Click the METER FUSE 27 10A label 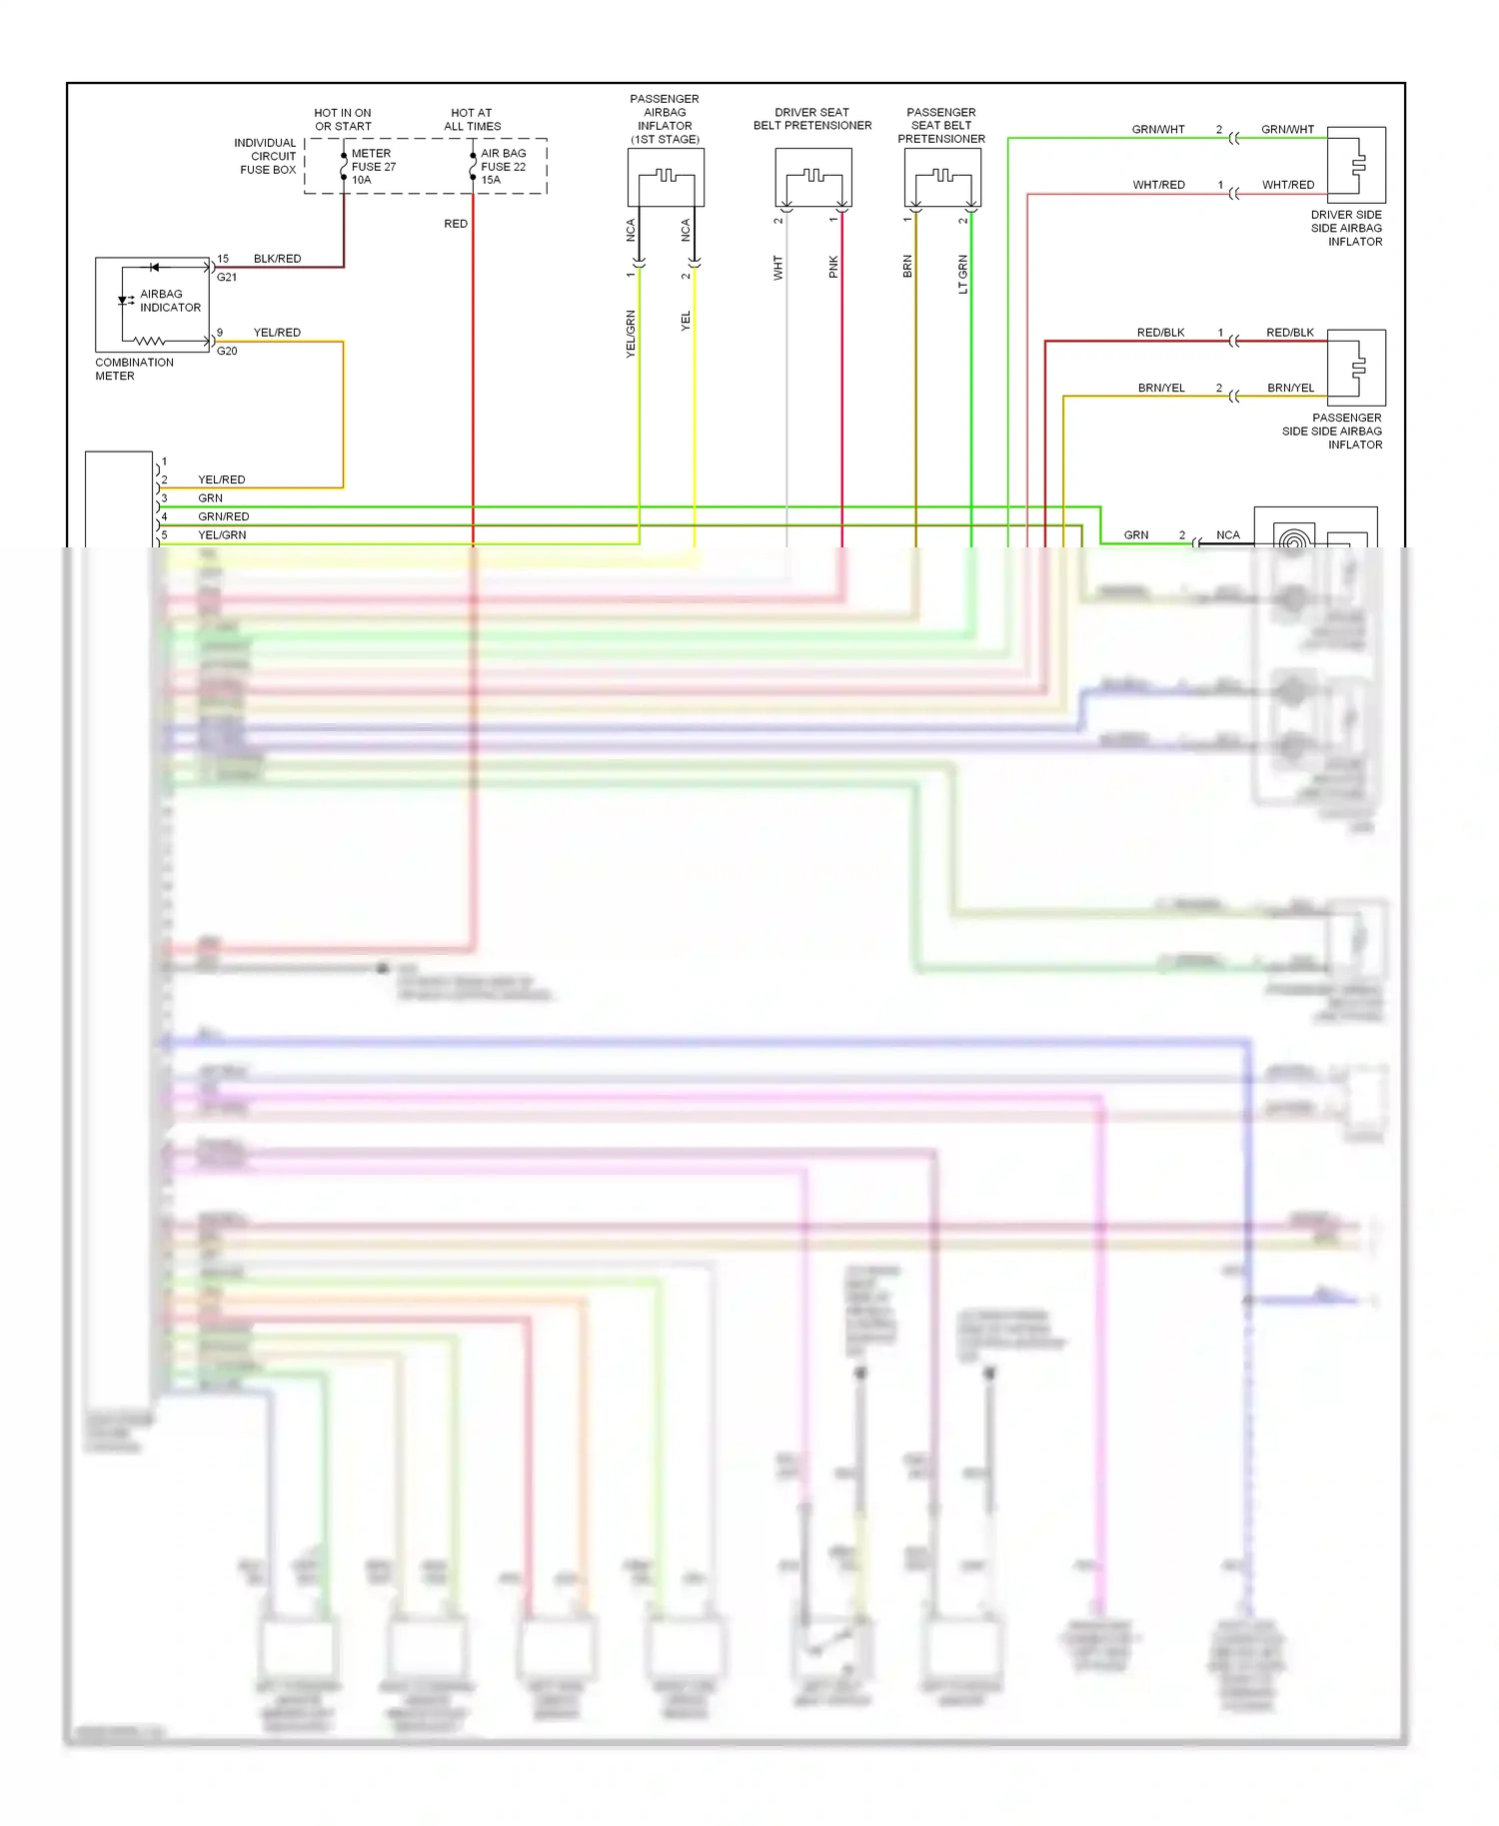click(x=373, y=167)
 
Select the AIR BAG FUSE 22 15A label click(x=503, y=167)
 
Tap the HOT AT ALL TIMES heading click(x=472, y=120)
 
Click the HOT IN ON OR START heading click(x=343, y=120)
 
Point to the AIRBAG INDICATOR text click(x=170, y=301)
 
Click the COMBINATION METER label click(x=134, y=369)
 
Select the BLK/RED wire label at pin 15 click(x=277, y=259)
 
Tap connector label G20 click(x=227, y=351)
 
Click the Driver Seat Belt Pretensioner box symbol click(x=813, y=177)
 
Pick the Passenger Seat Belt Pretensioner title click(x=940, y=126)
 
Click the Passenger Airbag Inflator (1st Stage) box click(x=666, y=177)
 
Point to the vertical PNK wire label click(x=833, y=267)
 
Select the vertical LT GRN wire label click(x=963, y=274)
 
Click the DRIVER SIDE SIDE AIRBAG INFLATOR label click(x=1346, y=228)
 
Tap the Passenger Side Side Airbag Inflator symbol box click(x=1356, y=367)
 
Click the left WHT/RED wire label click(x=1158, y=185)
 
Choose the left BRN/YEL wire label click(x=1160, y=388)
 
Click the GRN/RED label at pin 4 click(x=223, y=516)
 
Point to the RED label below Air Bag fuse click(x=456, y=224)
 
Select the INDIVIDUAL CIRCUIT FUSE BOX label click(x=265, y=156)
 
